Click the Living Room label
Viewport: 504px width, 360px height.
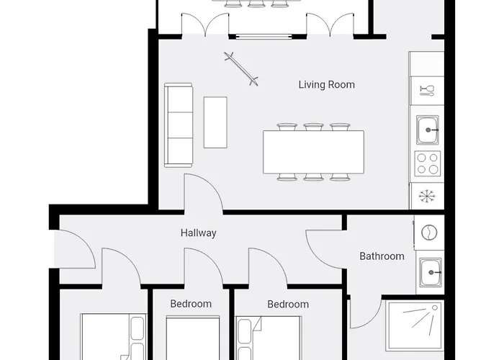coord(327,85)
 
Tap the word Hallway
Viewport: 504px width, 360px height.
coord(198,233)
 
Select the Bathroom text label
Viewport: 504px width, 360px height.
coord(382,256)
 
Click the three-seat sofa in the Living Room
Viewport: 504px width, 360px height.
coord(179,125)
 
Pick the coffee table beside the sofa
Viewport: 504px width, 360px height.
coord(215,122)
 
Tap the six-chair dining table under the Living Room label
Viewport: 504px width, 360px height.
coord(313,152)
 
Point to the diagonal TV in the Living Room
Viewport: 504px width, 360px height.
coord(241,69)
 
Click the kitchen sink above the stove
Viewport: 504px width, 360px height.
coord(428,130)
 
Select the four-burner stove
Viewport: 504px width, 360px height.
coord(428,163)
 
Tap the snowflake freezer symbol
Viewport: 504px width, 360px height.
coord(427,196)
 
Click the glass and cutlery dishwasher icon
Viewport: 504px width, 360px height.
coord(427,90)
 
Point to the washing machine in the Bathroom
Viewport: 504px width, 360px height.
coord(429,232)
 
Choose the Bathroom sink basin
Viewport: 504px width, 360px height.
coord(431,273)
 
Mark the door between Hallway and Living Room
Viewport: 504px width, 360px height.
coord(203,194)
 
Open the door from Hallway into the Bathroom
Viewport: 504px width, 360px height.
coord(325,249)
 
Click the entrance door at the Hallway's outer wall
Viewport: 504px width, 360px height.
coord(75,249)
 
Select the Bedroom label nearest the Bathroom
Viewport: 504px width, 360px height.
coord(288,304)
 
